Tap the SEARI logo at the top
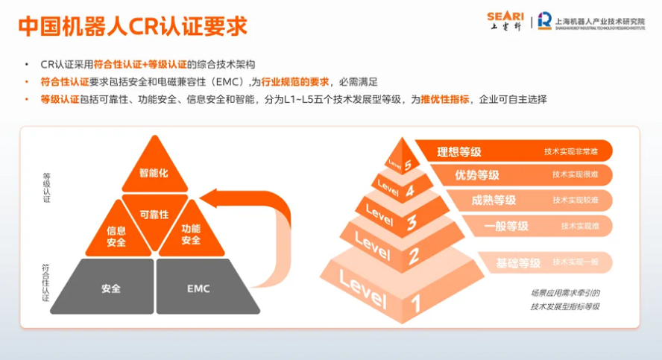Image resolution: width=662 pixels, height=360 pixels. point(505,20)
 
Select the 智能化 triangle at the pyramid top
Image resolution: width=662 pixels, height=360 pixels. point(154,172)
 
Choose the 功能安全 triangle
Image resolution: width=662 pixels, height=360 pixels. point(191,234)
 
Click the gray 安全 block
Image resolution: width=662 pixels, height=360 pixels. point(110,288)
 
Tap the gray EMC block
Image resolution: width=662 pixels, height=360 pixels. point(198,288)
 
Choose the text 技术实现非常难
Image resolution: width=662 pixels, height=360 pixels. point(571,152)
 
